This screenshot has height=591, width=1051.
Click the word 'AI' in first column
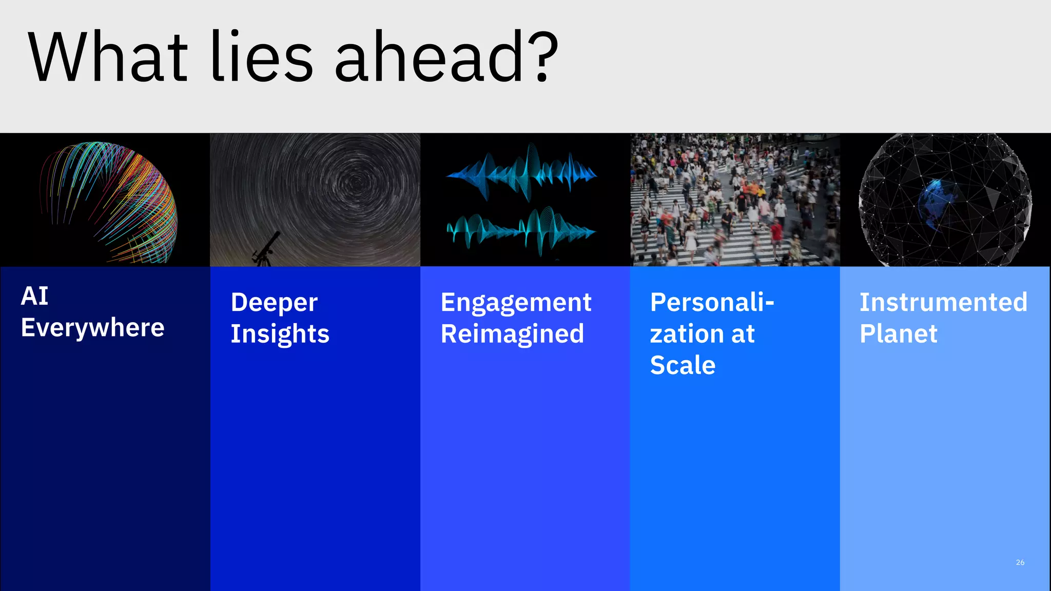34,296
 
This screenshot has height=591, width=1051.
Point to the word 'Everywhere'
92,328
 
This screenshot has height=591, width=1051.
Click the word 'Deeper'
274,303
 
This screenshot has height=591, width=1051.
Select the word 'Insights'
280,334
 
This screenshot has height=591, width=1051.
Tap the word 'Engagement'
516,303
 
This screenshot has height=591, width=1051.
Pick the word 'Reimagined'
512,334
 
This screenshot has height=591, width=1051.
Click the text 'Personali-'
712,302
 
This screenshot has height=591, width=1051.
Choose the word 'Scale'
683,365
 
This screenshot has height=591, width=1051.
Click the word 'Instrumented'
943,302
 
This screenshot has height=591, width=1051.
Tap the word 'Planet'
898,334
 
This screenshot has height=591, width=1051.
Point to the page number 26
1020,562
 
